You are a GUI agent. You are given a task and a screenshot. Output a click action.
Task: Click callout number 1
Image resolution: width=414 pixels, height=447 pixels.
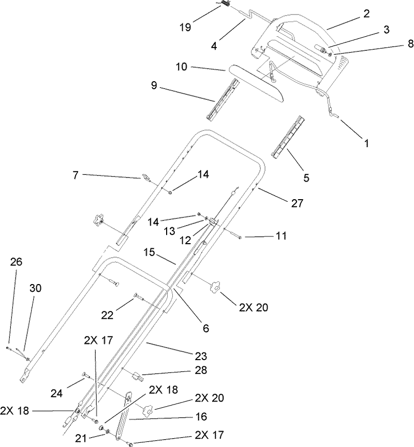pos(366,144)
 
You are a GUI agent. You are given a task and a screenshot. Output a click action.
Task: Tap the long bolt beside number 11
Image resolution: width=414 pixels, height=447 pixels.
pos(234,235)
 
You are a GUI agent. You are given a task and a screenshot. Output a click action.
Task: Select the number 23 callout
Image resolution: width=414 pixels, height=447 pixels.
pos(201,356)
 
